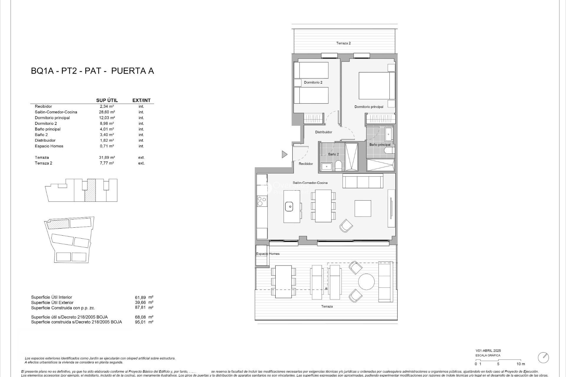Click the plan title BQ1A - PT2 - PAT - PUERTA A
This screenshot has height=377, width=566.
(x=92, y=71)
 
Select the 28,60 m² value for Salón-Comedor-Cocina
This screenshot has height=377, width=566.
(x=107, y=112)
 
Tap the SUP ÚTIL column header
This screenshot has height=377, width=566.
(x=107, y=100)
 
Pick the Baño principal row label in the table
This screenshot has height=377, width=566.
(x=47, y=129)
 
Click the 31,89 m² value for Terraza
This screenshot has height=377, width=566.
(x=107, y=158)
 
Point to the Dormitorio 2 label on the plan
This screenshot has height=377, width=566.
(x=313, y=82)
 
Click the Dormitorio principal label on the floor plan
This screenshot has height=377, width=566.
(x=369, y=107)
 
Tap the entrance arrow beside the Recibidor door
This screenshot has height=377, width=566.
(x=284, y=154)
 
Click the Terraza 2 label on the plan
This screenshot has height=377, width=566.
(x=343, y=43)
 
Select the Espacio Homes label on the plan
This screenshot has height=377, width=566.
(x=268, y=254)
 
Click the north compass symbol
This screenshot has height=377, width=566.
(x=543, y=358)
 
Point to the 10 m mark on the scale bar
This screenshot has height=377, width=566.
(x=521, y=364)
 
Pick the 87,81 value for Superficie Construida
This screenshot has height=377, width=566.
(x=140, y=307)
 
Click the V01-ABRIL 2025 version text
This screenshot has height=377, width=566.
(x=488, y=351)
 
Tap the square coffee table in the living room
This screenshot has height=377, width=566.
(x=363, y=209)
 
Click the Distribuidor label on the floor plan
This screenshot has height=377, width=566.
(x=323, y=132)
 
